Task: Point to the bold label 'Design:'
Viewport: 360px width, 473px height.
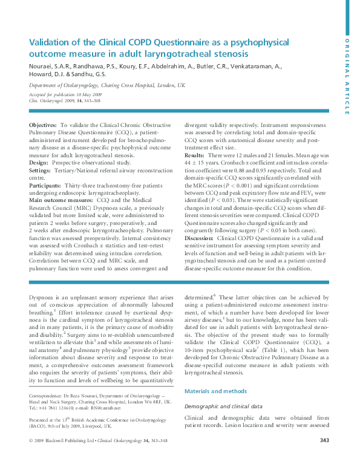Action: [38, 163]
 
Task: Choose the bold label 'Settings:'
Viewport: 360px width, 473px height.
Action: [40, 171]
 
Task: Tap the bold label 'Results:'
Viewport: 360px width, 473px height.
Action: [194, 155]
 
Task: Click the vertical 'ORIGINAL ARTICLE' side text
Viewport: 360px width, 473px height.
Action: [347, 76]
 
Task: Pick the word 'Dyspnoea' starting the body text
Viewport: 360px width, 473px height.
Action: [42, 298]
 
